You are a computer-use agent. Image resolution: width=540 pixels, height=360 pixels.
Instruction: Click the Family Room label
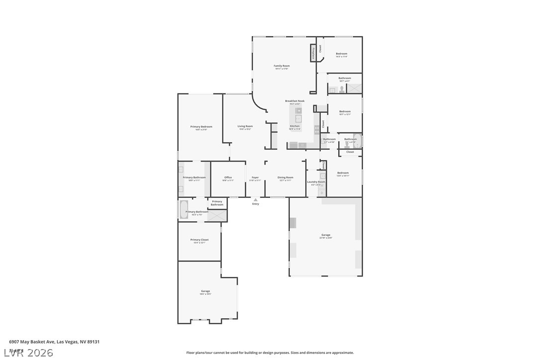(281, 66)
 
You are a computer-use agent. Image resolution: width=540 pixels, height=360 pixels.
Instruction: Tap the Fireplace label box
(313, 53)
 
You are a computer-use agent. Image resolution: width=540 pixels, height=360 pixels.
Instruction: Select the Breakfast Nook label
(294, 101)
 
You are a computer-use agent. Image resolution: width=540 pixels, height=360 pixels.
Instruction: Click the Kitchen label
(295, 126)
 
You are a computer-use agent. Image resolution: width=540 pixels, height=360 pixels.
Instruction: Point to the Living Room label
(245, 126)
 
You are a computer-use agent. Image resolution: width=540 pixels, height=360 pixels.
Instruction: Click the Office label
(228, 178)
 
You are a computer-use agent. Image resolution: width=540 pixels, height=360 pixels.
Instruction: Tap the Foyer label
(255, 178)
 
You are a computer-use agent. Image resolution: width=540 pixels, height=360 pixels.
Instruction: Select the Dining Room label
(285, 178)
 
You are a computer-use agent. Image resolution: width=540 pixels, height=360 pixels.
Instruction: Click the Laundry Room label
(316, 182)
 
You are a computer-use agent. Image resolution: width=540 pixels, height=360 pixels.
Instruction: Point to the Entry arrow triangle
(256, 200)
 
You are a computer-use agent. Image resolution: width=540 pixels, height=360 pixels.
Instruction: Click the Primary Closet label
(199, 240)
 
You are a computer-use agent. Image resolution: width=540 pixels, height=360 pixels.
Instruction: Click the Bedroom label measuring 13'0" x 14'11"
(343, 174)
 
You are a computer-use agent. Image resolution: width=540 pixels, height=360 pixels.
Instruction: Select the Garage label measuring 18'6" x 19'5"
(205, 291)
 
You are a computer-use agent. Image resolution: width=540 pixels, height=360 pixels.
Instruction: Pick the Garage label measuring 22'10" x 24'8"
(326, 235)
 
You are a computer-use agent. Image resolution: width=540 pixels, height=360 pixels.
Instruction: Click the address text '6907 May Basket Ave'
(32, 342)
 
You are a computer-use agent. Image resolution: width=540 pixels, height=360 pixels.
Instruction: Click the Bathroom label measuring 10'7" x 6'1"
(345, 79)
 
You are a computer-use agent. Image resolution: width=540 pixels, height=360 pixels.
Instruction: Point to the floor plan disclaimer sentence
(270, 353)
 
